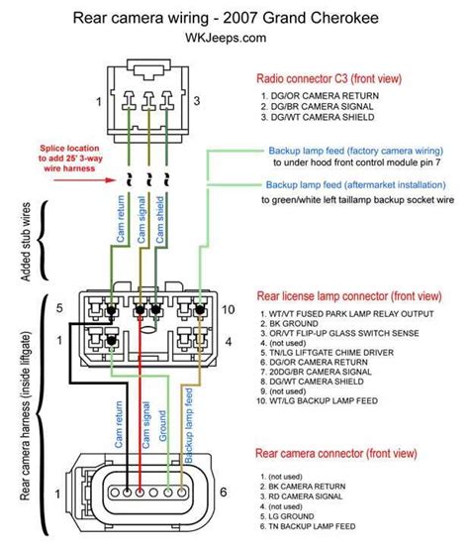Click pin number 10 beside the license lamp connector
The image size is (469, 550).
(226, 309)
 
